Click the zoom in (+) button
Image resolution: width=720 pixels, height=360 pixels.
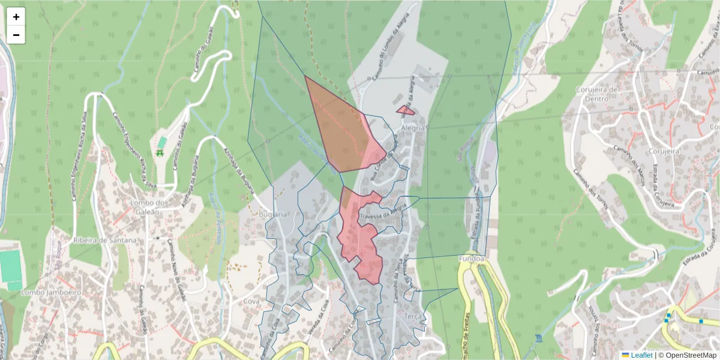(16, 17)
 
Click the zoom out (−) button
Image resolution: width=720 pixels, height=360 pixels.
(16, 35)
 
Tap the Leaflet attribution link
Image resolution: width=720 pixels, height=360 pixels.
(641, 355)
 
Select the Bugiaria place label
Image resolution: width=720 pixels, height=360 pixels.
(273, 214)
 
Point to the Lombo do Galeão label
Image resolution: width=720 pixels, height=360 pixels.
(148, 208)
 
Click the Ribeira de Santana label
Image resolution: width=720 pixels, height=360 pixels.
(104, 240)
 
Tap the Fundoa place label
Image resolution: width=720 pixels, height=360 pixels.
(471, 259)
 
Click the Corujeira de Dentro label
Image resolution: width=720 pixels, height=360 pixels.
(596, 94)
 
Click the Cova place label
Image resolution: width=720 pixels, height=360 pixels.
(252, 301)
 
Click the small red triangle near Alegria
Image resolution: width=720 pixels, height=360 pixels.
(405, 110)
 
